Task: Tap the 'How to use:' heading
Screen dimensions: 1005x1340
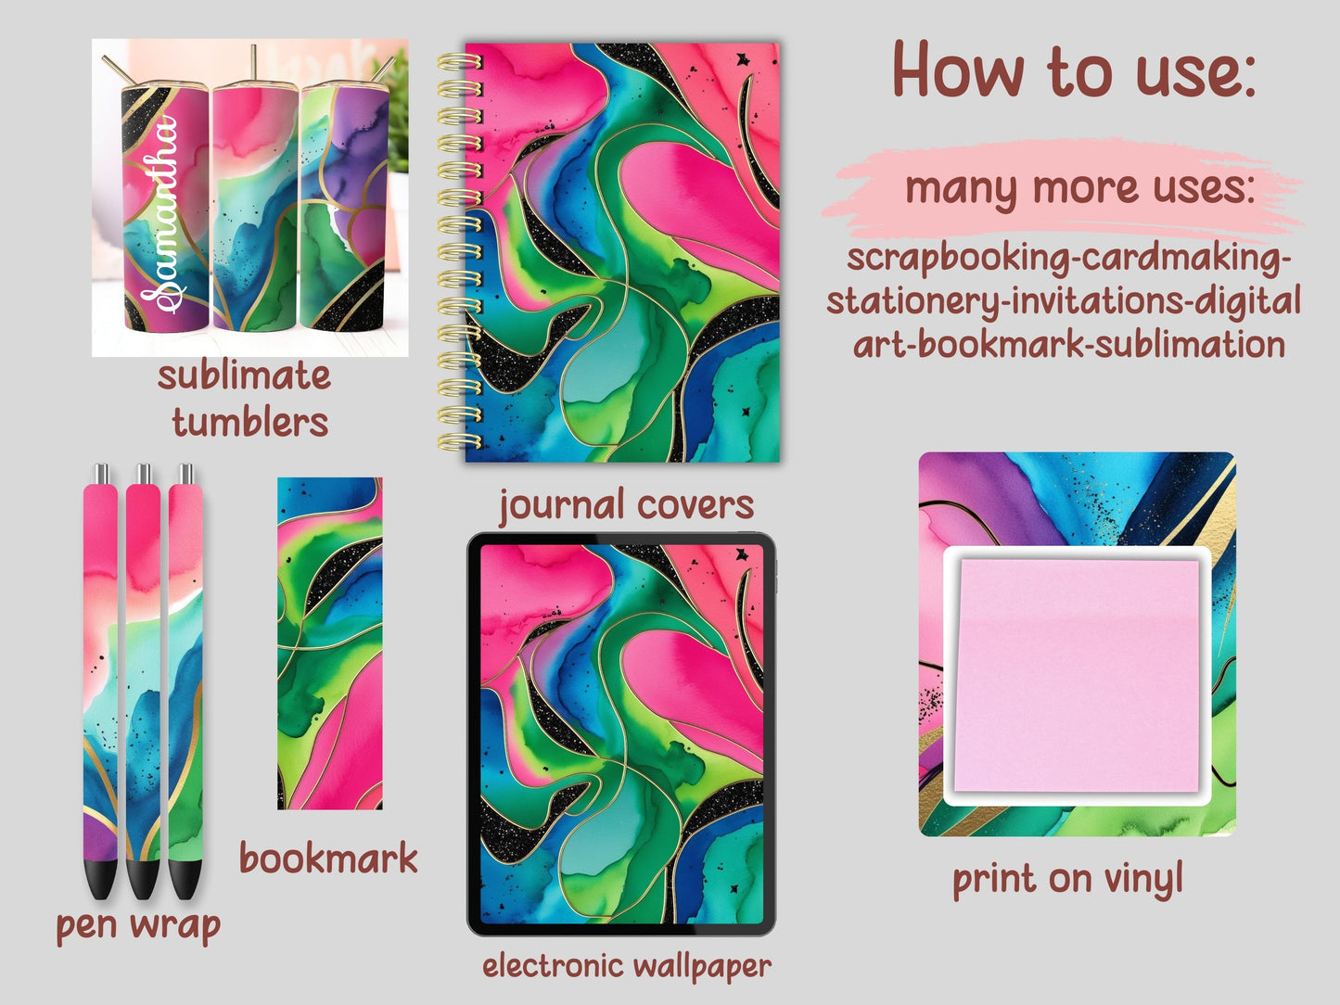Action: click(1073, 70)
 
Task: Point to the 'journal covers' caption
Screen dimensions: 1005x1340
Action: click(626, 505)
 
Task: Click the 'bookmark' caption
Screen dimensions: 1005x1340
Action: click(328, 859)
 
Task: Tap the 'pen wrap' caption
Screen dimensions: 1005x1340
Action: click(138, 924)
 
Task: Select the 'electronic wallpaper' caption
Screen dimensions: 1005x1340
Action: click(626, 966)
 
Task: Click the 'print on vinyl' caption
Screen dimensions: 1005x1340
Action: click(1067, 879)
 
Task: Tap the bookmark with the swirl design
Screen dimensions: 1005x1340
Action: click(330, 643)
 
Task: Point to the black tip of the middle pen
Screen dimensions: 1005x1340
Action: click(142, 880)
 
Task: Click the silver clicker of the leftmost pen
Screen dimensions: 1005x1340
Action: click(100, 473)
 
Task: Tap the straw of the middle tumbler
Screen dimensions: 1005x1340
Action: click(252, 63)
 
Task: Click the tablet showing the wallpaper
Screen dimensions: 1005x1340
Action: click(620, 733)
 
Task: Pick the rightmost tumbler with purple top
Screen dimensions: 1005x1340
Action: click(343, 209)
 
